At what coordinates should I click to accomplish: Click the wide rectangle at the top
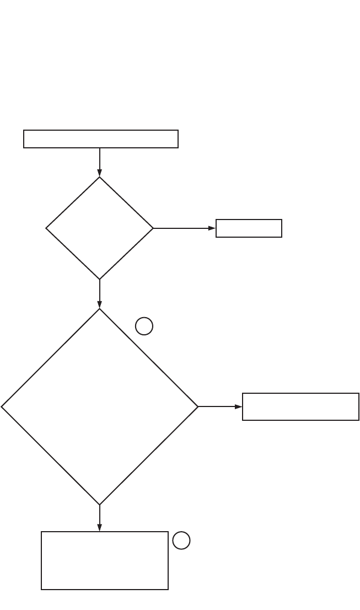[x=101, y=139]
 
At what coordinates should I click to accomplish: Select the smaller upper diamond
[x=100, y=228]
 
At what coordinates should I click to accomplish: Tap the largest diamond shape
[x=100, y=406]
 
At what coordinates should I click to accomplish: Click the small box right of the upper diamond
[x=249, y=228]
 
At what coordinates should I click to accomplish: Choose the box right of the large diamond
[x=300, y=406]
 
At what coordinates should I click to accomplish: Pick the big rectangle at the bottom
[x=105, y=560]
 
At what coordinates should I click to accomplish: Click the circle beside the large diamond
[x=144, y=327]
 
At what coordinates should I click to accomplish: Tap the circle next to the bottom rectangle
[x=181, y=541]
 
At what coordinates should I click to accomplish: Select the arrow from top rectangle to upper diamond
[x=100, y=162]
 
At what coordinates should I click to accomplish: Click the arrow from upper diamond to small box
[x=184, y=228]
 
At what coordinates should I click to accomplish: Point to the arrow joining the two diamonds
[x=100, y=293]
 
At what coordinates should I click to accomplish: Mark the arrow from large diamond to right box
[x=220, y=406]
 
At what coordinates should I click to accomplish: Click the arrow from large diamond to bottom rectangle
[x=100, y=518]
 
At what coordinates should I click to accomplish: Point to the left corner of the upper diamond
[x=47, y=228]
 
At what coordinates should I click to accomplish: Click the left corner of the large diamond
[x=3, y=406]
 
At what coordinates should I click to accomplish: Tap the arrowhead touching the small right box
[x=212, y=228]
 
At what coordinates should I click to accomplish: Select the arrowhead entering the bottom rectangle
[x=100, y=528]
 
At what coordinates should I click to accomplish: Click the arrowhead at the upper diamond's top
[x=100, y=173]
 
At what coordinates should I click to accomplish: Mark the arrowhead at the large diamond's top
[x=100, y=304]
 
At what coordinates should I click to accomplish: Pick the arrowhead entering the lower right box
[x=239, y=406]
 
